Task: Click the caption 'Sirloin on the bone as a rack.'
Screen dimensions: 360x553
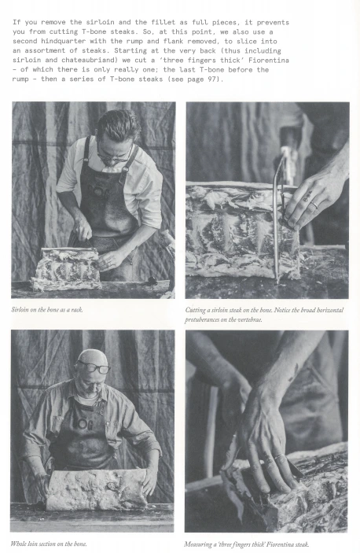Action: [47, 310]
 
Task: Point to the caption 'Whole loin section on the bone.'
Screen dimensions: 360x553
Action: [49, 544]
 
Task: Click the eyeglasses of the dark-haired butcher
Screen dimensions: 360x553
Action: [113, 157]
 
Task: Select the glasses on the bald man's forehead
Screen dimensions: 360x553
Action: [94, 367]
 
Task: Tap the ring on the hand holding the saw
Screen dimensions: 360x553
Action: [314, 205]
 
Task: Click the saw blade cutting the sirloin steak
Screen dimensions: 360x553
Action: [277, 219]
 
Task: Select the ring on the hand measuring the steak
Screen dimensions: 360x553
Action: [281, 457]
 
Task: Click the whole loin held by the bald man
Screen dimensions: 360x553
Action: [97, 489]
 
